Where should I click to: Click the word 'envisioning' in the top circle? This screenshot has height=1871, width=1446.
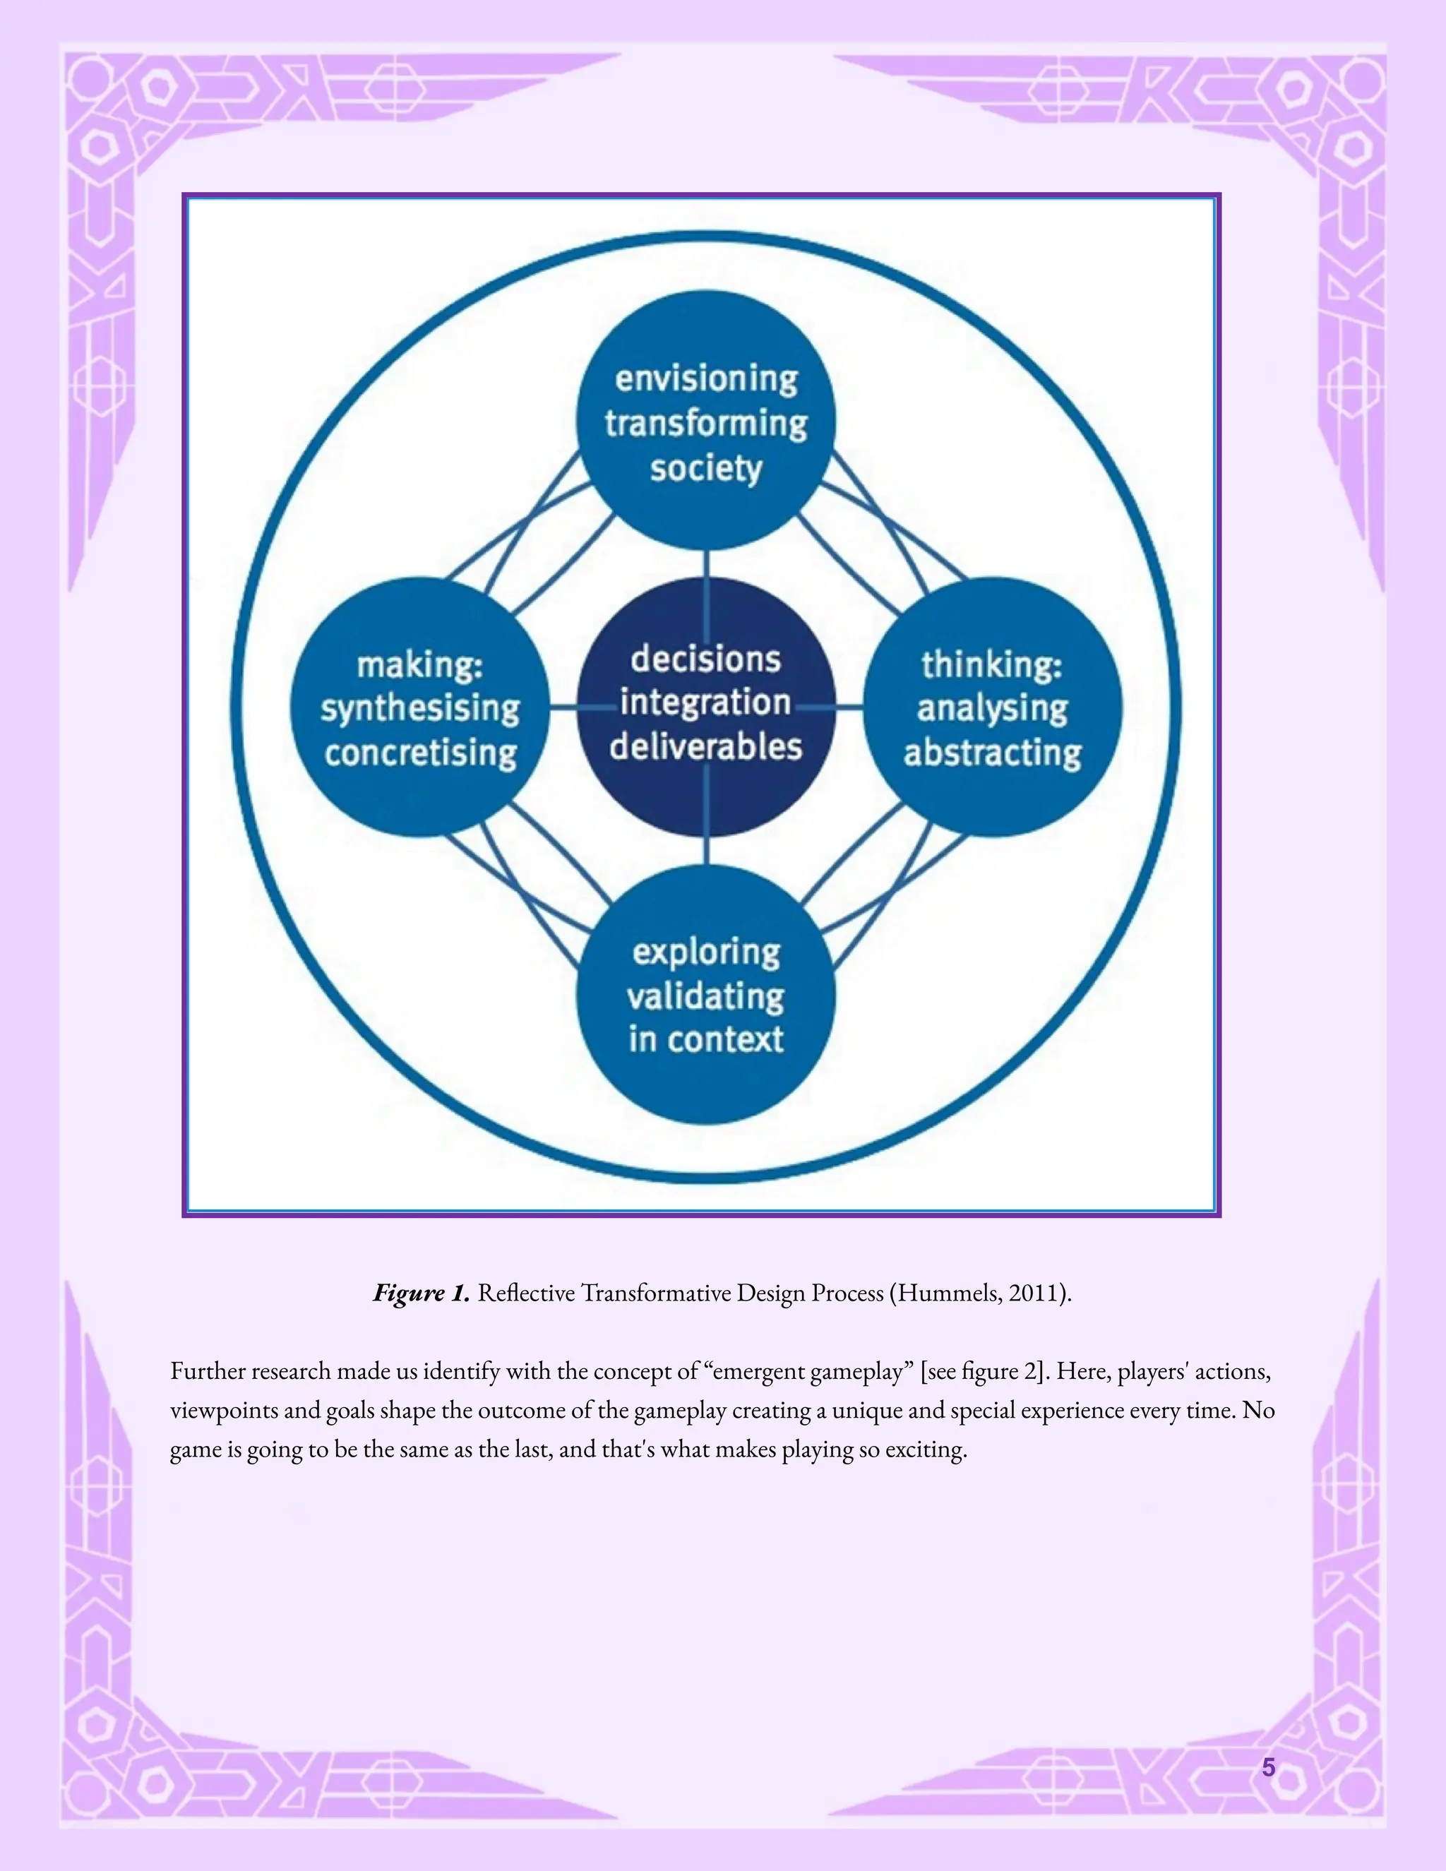[706, 378]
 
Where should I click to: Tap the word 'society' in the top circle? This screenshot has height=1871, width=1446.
[706, 469]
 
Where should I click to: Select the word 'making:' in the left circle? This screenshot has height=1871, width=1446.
[420, 665]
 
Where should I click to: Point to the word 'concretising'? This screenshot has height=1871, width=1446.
[421, 753]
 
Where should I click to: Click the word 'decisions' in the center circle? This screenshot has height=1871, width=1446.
[706, 659]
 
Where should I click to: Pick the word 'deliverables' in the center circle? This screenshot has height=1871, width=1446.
[706, 746]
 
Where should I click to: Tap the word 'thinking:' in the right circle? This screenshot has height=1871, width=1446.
[992, 665]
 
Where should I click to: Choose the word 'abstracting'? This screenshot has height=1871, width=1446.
[992, 753]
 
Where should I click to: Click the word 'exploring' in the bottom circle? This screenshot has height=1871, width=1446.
[706, 952]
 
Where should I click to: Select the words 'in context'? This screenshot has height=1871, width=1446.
[706, 1039]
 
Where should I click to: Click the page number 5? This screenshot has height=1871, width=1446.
[1269, 1767]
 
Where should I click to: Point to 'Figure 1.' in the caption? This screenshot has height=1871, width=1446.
[421, 1293]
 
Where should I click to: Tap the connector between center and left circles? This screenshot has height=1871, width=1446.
[563, 707]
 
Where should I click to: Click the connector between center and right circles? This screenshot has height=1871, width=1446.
[847, 707]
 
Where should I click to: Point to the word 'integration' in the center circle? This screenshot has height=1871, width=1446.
[706, 703]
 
